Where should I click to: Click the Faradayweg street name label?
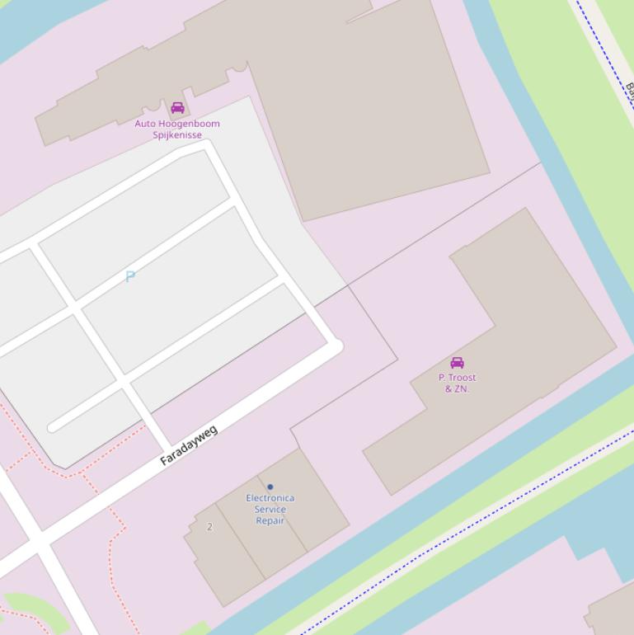(x=189, y=445)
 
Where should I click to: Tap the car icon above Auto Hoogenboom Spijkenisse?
(x=177, y=108)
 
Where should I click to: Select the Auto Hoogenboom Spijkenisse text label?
(x=177, y=129)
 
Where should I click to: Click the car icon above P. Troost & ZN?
(x=457, y=363)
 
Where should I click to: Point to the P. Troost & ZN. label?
(x=457, y=383)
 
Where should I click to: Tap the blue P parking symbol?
(x=130, y=276)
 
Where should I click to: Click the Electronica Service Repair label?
(x=270, y=510)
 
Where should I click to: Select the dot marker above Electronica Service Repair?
(x=270, y=487)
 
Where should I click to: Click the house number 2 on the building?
(x=209, y=527)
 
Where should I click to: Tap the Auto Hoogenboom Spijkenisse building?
(x=371, y=99)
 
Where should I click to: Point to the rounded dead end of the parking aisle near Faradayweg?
(x=54, y=427)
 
